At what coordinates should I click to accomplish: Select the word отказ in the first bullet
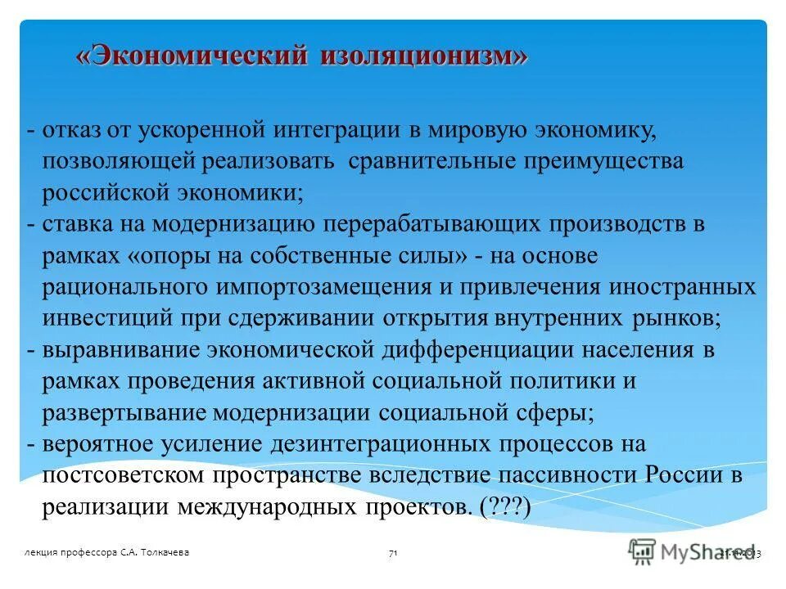click(x=72, y=129)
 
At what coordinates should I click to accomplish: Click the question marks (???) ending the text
click(x=506, y=507)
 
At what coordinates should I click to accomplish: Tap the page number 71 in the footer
click(x=393, y=554)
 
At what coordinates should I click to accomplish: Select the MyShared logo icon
click(x=643, y=551)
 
